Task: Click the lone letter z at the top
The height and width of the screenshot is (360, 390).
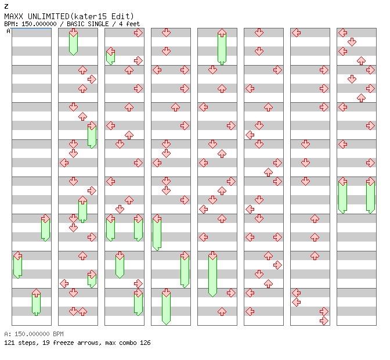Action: click(x=6, y=6)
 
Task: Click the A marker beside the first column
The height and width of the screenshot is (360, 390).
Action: click(x=9, y=31)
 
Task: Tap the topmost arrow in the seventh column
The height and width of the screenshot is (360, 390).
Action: click(x=296, y=33)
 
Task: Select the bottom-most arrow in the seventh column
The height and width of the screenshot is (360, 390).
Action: click(x=324, y=321)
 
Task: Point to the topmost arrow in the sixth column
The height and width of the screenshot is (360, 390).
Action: click(x=259, y=33)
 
